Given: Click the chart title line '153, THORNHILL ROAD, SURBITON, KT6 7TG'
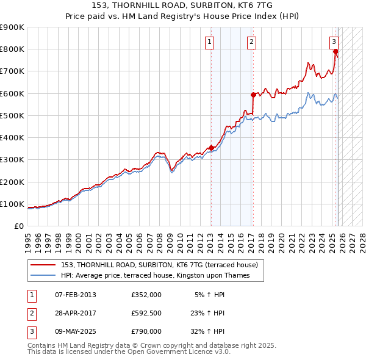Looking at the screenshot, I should [183, 5].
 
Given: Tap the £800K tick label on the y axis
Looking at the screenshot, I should [12, 49].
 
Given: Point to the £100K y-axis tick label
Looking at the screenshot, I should [12, 204].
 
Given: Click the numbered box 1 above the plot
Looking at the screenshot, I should [209, 42].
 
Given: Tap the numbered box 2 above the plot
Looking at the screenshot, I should [251, 42].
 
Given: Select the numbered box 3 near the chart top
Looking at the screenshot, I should [334, 42].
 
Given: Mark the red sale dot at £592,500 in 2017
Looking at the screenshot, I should [253, 95].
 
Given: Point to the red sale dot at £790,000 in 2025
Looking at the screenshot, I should [335, 51].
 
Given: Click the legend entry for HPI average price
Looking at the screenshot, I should [162, 276].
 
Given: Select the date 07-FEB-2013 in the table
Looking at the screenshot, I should [74, 295].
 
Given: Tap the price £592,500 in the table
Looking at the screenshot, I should [146, 313].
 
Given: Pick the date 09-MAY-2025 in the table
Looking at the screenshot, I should [75, 331].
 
